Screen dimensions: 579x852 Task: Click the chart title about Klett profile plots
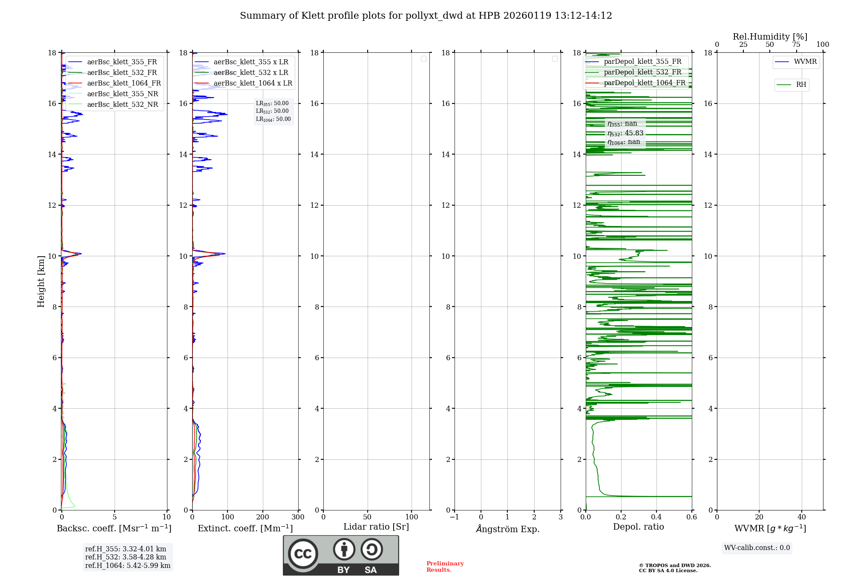click(426, 16)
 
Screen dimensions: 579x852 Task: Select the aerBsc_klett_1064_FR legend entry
click(124, 83)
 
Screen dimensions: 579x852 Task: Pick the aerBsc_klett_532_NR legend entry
click(122, 105)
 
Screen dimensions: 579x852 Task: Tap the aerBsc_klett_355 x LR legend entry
click(250, 62)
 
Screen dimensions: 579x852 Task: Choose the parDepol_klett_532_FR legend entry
click(642, 72)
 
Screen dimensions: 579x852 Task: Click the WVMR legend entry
click(805, 62)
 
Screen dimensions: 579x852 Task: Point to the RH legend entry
click(800, 85)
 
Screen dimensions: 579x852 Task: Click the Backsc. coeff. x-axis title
click(114, 528)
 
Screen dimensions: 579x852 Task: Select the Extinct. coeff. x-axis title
click(245, 528)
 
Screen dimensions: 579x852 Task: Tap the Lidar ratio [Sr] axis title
click(376, 527)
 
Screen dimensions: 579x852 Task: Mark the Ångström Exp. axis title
click(507, 529)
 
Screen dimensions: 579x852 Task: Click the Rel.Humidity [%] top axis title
click(770, 37)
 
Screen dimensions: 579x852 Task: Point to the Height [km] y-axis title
click(41, 281)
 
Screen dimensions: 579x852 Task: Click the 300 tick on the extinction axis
click(298, 517)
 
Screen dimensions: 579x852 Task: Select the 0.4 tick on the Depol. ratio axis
click(656, 517)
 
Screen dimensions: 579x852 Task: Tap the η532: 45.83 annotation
click(625, 133)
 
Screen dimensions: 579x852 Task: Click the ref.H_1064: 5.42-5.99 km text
click(128, 565)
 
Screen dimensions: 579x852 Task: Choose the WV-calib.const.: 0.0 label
click(757, 548)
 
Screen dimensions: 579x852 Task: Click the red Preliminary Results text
click(445, 567)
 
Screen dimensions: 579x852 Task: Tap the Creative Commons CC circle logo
click(303, 553)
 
